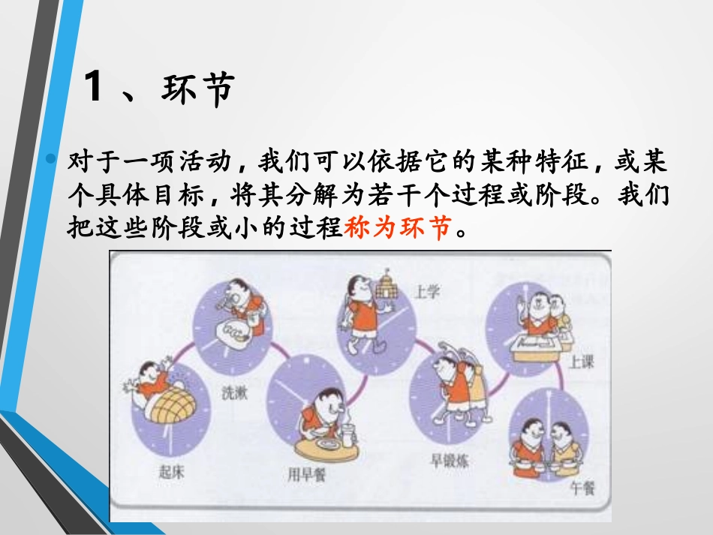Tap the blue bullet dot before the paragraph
51,158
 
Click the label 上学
426,291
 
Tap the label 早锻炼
449,461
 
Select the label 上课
580,362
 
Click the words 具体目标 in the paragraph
149,194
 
